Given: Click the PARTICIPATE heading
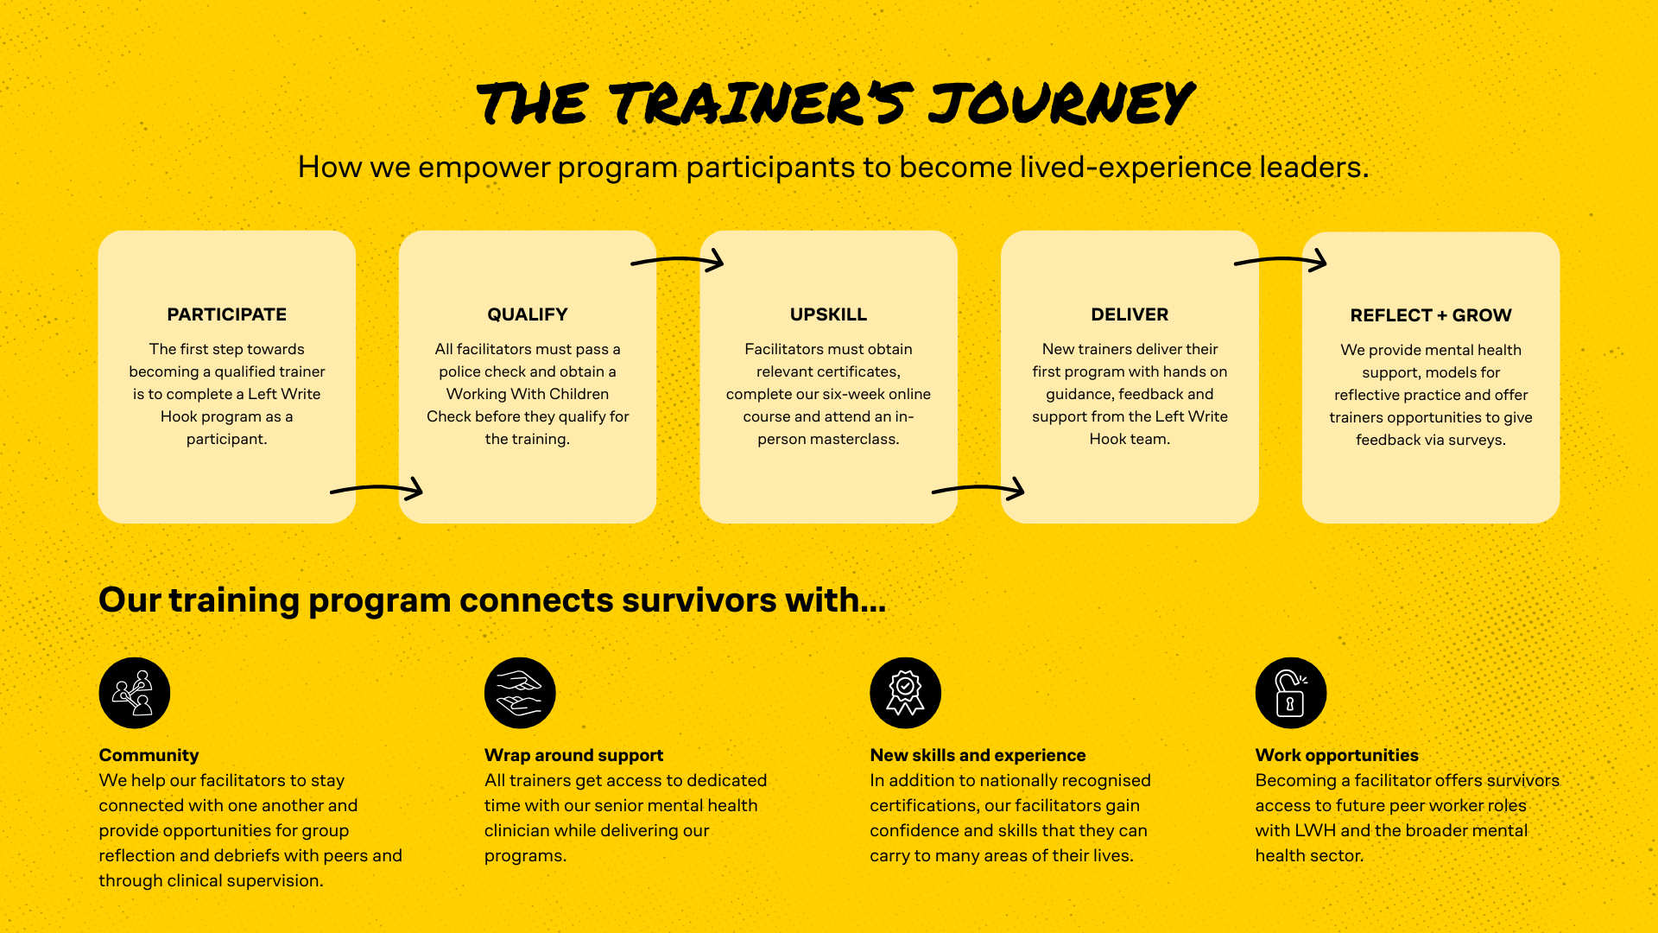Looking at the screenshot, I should [x=226, y=314].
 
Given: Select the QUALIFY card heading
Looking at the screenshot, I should [x=527, y=314].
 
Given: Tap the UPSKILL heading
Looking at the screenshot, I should [x=828, y=314].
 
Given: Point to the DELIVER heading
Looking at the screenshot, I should [x=1130, y=314].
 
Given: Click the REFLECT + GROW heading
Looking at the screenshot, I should [x=1431, y=315].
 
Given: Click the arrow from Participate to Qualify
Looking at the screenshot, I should [x=377, y=490].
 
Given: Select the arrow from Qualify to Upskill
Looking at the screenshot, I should [x=678, y=260].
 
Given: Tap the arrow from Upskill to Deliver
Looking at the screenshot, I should [x=978, y=490].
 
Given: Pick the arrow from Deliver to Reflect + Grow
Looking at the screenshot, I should [x=1281, y=260].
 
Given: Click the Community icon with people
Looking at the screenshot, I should [x=134, y=693].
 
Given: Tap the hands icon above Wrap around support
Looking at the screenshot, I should [x=520, y=693].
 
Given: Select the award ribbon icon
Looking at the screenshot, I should [x=905, y=693].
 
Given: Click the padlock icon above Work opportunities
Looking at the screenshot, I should [x=1291, y=693].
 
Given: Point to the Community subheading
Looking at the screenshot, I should [x=149, y=755].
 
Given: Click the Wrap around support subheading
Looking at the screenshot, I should [x=573, y=755].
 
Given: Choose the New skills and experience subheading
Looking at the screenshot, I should [x=978, y=755].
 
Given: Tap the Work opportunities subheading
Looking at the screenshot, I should [x=1337, y=755].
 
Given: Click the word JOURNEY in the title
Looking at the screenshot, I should [x=1061, y=104].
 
